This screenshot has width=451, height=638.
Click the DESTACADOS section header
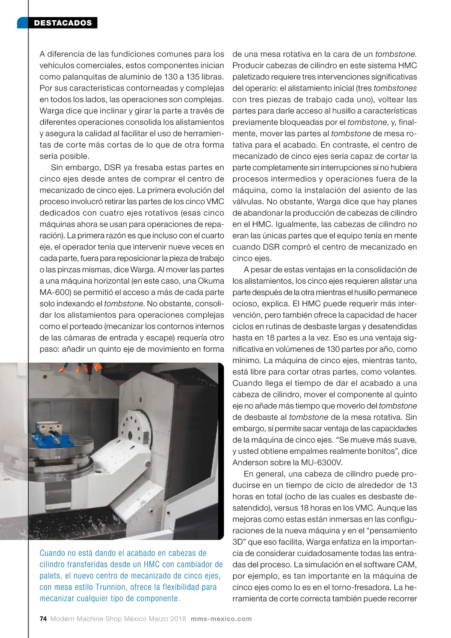(x=63, y=23)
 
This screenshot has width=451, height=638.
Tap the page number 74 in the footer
(x=43, y=619)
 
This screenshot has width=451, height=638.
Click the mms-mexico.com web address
(x=221, y=619)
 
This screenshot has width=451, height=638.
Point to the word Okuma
(x=211, y=281)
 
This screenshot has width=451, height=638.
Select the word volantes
(x=399, y=372)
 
